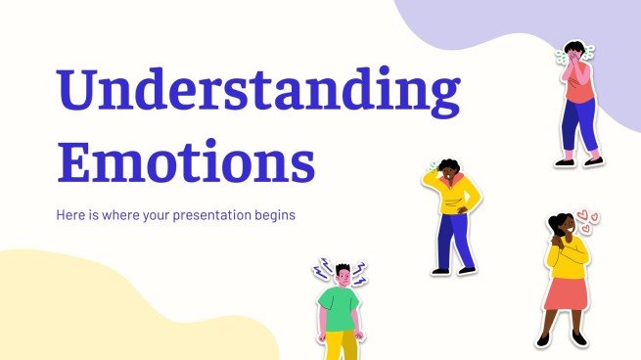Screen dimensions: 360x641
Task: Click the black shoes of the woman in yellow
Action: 561,339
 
